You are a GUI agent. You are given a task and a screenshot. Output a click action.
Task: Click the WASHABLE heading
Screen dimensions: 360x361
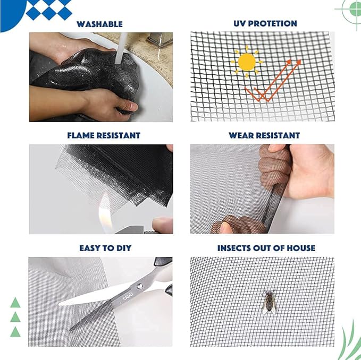(x=99, y=24)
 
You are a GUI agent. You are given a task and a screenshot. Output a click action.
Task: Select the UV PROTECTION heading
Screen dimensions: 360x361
(x=265, y=23)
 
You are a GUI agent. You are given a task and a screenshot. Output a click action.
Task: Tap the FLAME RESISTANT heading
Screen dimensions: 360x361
(x=104, y=135)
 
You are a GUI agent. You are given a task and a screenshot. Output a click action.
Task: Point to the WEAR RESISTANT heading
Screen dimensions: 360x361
(x=264, y=135)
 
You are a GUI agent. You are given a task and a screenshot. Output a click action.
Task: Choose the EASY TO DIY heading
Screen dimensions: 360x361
(x=105, y=248)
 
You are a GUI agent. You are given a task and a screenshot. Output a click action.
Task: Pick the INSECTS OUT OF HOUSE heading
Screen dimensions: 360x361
(x=266, y=248)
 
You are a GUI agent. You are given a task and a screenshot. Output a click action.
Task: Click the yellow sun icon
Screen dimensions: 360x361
(x=247, y=62)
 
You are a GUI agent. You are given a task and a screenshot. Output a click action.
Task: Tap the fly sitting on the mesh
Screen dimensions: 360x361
(x=268, y=301)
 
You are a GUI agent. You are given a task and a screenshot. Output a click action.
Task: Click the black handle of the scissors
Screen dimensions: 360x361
(x=163, y=262)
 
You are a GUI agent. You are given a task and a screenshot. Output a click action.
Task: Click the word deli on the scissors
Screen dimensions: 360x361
(x=128, y=298)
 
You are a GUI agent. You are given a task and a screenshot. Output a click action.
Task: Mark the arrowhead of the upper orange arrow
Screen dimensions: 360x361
(x=298, y=62)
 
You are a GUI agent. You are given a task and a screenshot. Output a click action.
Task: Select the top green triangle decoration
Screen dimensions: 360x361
(x=15, y=303)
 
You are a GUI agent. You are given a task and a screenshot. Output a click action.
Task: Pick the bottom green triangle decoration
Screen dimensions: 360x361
(x=15, y=332)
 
